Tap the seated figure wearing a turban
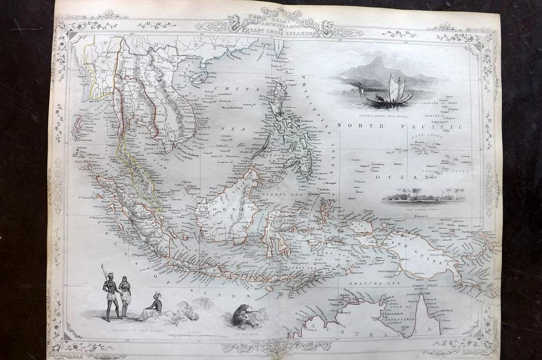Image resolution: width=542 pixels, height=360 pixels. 152,306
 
